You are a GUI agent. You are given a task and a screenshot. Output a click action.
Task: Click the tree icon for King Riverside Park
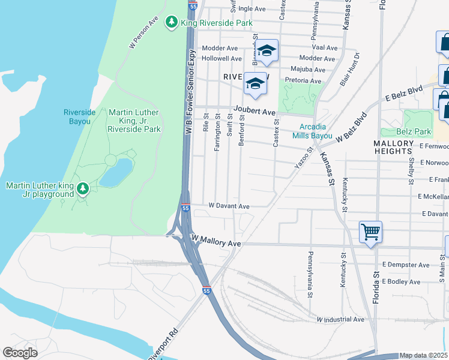[x=172, y=22]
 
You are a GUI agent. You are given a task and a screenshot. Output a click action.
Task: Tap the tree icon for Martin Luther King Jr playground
[x=83, y=190]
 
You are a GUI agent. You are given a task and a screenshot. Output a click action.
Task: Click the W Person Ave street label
[x=144, y=32]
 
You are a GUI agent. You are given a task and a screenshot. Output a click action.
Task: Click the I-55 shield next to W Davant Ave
[x=186, y=208]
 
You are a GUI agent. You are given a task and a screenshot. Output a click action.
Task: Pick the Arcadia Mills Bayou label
[x=316, y=131]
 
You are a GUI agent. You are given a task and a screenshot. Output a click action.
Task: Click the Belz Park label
[x=414, y=131]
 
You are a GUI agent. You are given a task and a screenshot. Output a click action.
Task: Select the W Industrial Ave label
[x=340, y=319]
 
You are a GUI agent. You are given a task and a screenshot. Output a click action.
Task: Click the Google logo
[x=20, y=352]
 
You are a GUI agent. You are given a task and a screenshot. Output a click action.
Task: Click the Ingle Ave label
[x=252, y=9]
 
